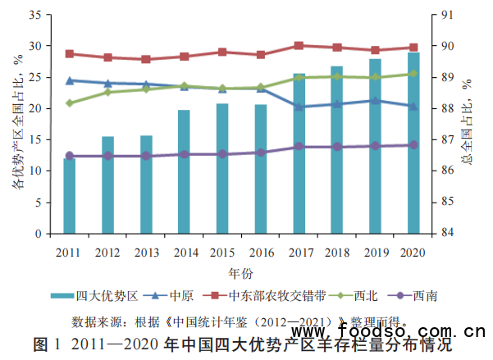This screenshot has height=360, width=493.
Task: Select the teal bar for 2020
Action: tap(413, 144)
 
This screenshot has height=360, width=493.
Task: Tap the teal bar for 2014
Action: tap(184, 172)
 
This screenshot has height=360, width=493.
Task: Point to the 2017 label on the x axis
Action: tap(299, 252)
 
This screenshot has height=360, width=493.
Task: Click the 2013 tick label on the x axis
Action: tap(146, 252)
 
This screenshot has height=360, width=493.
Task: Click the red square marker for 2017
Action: tap(299, 45)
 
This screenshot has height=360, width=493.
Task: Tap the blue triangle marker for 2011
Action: tap(70, 80)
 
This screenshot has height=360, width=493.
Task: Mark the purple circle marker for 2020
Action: tap(413, 144)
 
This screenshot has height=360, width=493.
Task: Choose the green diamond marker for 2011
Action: tap(70, 103)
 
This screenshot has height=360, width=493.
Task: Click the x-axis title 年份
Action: tap(241, 271)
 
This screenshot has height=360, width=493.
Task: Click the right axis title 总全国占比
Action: tap(468, 123)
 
